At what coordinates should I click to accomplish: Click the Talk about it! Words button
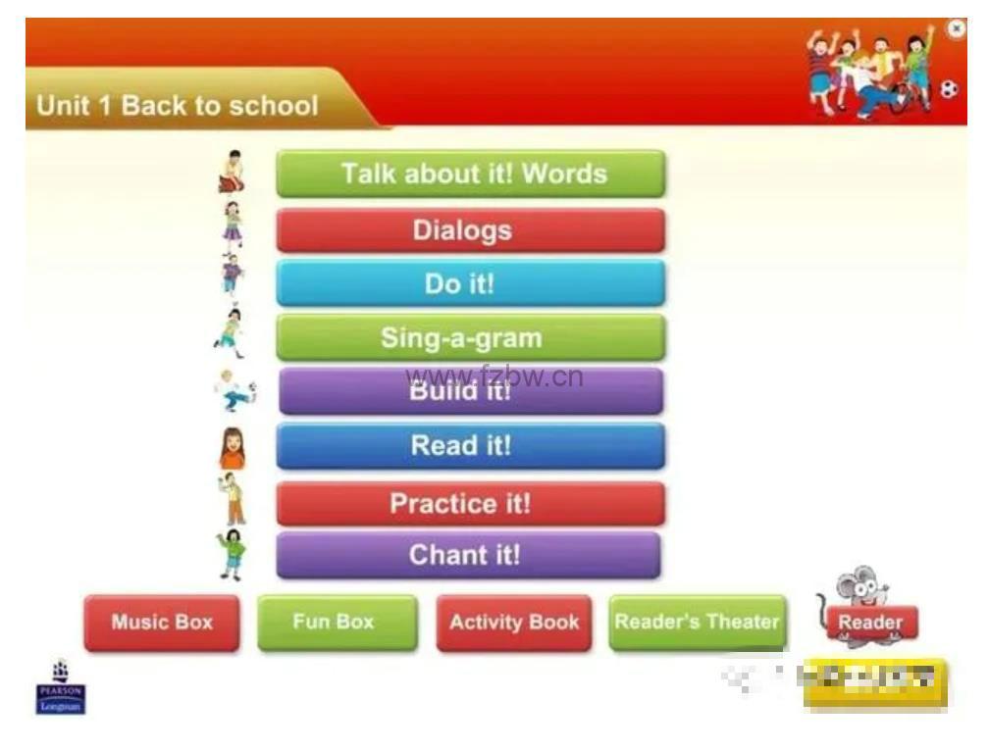(471, 175)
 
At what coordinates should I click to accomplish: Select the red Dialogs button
(471, 231)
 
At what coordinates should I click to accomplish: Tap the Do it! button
(471, 284)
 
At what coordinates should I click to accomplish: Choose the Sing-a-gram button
(471, 338)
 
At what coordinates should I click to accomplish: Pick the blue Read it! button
(471, 446)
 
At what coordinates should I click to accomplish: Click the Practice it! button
(471, 504)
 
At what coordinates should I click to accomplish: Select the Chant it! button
(469, 556)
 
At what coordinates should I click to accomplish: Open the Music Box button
(162, 623)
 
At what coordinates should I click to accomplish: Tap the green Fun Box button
(337, 623)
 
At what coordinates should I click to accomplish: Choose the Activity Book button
(514, 623)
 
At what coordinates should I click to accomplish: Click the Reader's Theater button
(697, 623)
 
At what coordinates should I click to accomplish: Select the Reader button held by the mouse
(870, 623)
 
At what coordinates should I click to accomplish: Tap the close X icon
(957, 29)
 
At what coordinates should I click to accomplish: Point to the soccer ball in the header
(949, 90)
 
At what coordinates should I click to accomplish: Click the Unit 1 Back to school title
(178, 106)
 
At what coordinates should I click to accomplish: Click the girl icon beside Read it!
(232, 448)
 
